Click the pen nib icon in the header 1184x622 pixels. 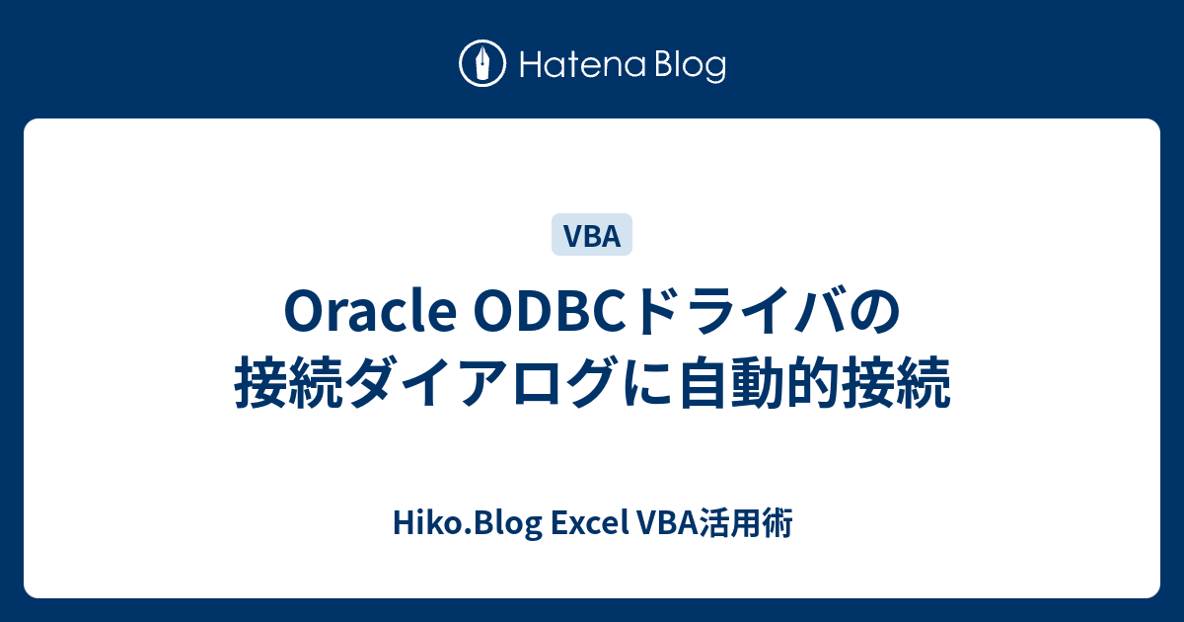(483, 64)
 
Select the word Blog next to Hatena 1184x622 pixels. (688, 65)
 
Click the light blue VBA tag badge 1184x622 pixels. (591, 235)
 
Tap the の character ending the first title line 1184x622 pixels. (875, 312)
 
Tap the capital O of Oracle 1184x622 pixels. (302, 312)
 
